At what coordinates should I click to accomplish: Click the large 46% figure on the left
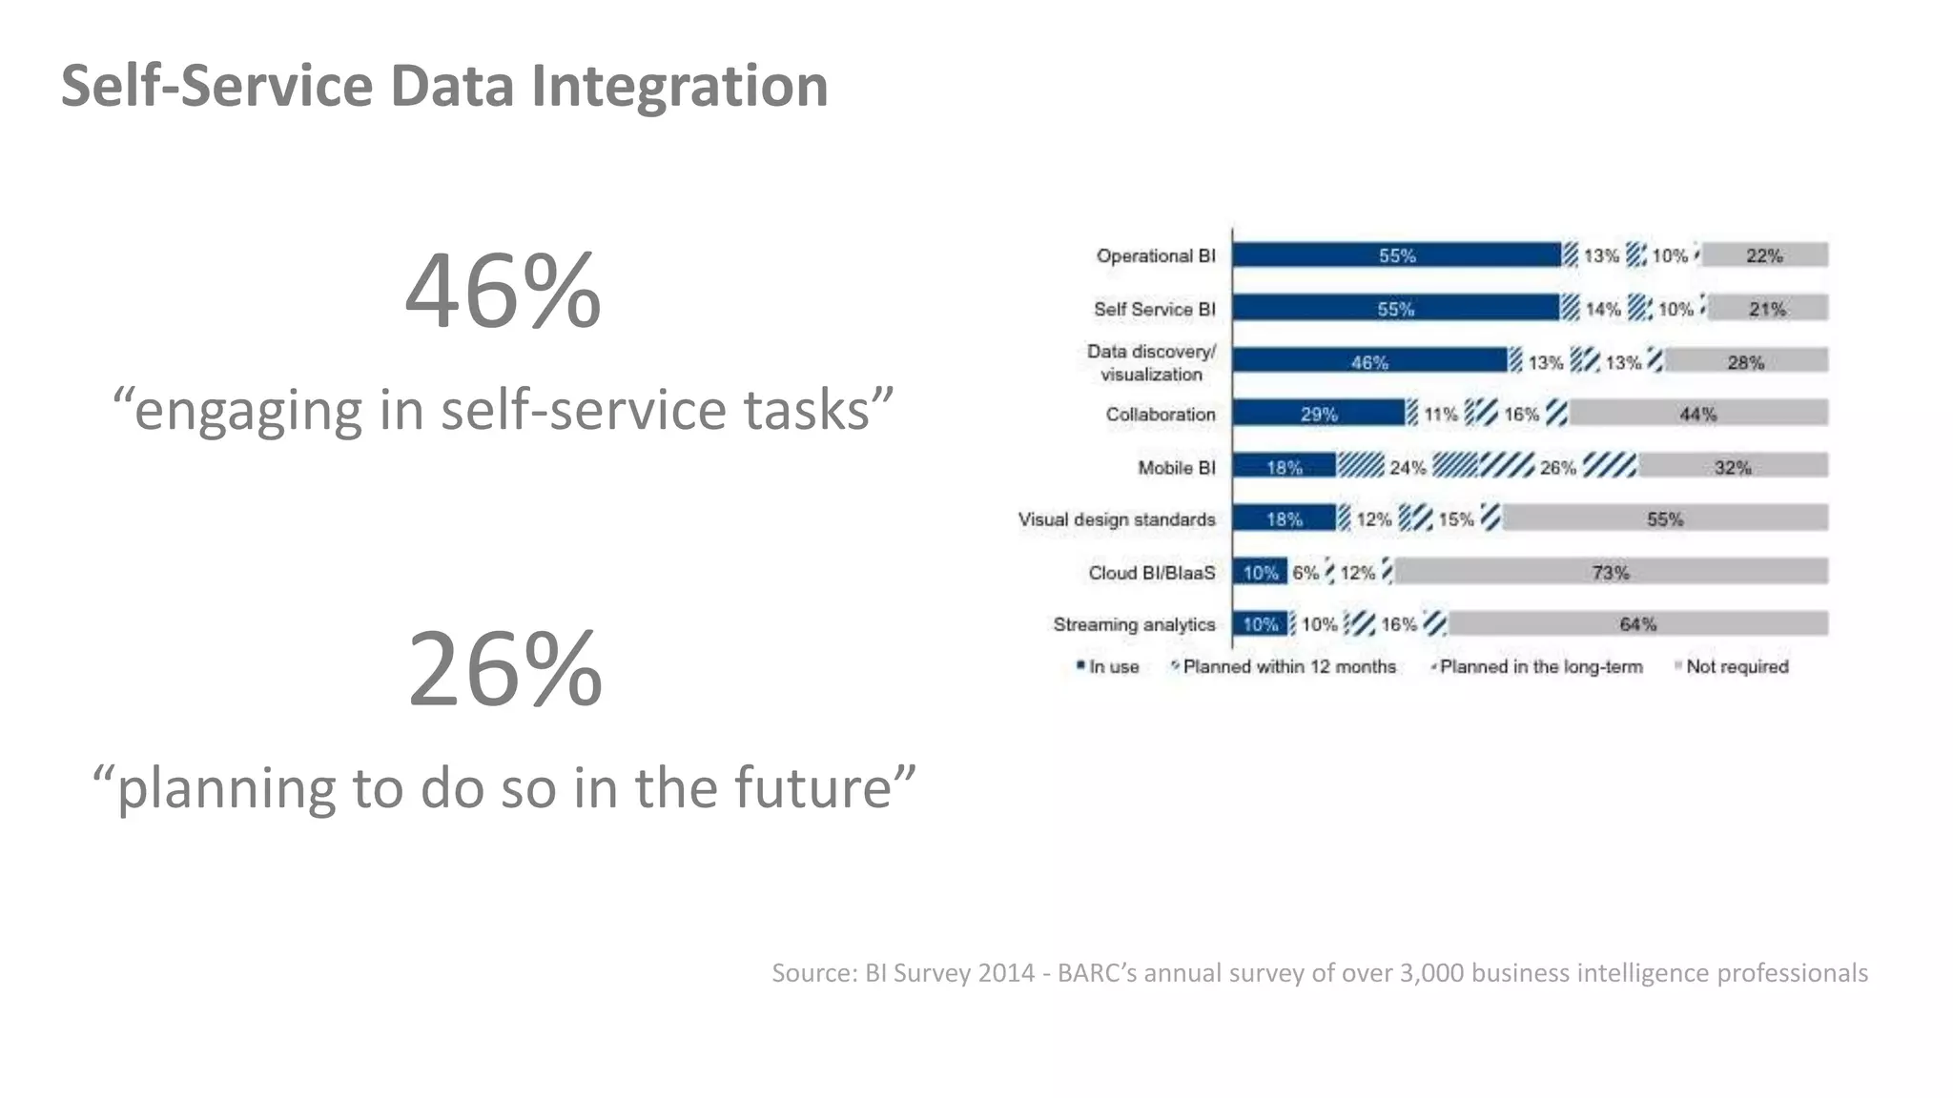coord(503,291)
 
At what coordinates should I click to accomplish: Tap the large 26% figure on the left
coord(504,668)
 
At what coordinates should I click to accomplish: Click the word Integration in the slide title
coord(679,86)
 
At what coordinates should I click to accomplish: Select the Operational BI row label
coord(1156,255)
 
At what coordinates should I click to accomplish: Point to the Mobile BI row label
coord(1176,467)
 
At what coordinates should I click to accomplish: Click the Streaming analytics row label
coord(1134,624)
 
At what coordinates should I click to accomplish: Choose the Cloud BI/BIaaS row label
coord(1152,572)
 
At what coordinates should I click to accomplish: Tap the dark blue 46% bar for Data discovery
coord(1369,361)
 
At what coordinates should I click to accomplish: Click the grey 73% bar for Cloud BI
coord(1610,572)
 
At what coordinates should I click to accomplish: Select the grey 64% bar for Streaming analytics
coord(1637,624)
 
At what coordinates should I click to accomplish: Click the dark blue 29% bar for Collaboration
coord(1319,414)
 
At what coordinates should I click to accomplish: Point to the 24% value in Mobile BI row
coord(1407,467)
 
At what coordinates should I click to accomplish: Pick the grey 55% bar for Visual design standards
coord(1664,518)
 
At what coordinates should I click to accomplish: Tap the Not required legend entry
coord(1736,667)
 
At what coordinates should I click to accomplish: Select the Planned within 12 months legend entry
coord(1288,667)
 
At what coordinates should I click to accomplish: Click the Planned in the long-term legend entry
coord(1540,667)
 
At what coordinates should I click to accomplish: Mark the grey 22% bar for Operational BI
coord(1763,255)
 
